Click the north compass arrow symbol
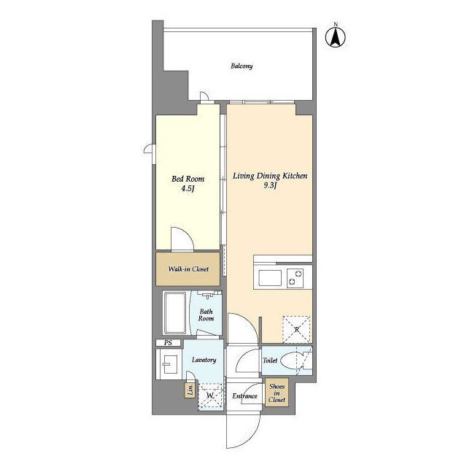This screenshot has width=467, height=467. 336,36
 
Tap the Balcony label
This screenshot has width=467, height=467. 242,66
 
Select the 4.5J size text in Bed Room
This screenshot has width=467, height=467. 188,189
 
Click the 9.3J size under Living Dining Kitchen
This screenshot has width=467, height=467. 270,185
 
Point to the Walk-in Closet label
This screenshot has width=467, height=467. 188,269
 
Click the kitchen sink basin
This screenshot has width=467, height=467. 270,278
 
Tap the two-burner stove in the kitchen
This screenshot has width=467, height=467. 295,278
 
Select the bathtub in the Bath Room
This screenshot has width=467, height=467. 175,313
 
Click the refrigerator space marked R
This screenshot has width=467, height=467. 296,329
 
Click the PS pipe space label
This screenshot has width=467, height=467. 168,343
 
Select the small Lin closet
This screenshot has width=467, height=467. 190,389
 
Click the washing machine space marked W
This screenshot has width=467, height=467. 210,396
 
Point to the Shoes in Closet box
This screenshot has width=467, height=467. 277,393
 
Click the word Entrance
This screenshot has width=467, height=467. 244,396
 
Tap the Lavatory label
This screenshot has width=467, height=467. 204,360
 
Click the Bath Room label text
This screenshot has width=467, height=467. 206,314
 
